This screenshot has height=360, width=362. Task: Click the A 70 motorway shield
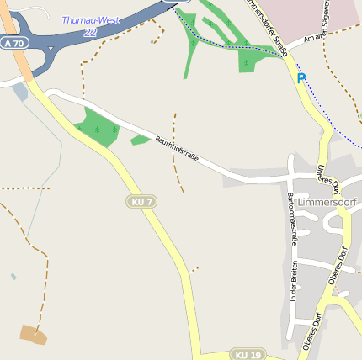(x=13, y=42)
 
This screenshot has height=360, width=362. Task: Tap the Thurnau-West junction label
(x=91, y=19)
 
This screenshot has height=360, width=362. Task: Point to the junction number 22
(x=90, y=32)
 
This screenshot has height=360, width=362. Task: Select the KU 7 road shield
(x=141, y=202)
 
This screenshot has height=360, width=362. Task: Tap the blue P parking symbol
(x=301, y=78)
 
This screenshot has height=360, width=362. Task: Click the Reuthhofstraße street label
(x=176, y=151)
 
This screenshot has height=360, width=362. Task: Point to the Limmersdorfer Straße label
(x=268, y=25)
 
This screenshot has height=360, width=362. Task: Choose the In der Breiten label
(x=294, y=281)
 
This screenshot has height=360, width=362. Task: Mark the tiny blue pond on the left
(x=13, y=276)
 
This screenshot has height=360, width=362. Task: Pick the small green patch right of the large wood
(x=140, y=139)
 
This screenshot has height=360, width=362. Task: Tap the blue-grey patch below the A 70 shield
(x=20, y=92)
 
